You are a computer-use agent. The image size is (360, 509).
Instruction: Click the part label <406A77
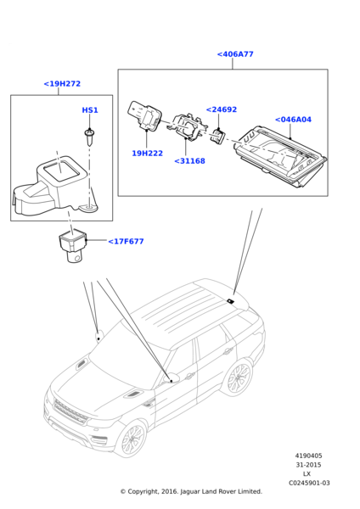click(235, 54)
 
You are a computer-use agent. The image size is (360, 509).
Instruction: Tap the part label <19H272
click(62, 84)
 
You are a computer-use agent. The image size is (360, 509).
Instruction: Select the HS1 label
click(90, 110)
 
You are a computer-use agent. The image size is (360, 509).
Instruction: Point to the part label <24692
click(222, 109)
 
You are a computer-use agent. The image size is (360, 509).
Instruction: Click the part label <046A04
click(293, 120)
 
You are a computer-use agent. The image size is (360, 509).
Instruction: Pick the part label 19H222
click(147, 154)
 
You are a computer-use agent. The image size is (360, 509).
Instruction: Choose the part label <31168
click(189, 161)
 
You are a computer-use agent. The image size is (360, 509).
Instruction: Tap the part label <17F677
click(126, 242)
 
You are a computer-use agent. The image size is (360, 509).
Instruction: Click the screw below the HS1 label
click(89, 137)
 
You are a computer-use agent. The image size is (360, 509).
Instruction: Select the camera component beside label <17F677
click(73, 245)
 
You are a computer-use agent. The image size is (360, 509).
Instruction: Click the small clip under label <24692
click(218, 135)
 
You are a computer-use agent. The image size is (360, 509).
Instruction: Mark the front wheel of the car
click(132, 439)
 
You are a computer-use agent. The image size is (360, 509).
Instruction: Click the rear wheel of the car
click(239, 378)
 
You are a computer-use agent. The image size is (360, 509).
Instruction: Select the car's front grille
click(70, 412)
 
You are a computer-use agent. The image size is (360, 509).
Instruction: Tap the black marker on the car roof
click(230, 301)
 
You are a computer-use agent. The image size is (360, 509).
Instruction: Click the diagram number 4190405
click(308, 456)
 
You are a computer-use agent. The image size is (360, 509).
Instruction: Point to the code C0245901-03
click(309, 483)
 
